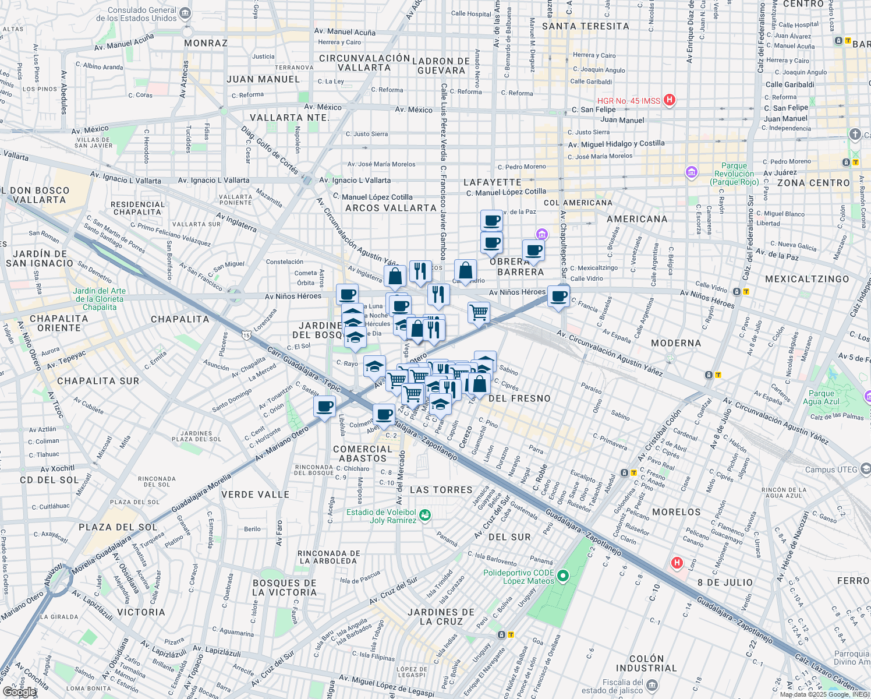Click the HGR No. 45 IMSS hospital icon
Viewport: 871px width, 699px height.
pos(670,100)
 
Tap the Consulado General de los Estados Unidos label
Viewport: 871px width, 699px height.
pos(137,14)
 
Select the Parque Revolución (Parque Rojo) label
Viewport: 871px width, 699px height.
pos(734,174)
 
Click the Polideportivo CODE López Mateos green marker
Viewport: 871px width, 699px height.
pos(562,576)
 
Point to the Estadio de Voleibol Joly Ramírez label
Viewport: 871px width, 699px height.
pos(381,516)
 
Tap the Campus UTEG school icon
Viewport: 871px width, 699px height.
pos(865,469)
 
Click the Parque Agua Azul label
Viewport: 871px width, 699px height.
pos(821,397)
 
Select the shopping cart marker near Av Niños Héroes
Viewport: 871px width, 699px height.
pos(479,313)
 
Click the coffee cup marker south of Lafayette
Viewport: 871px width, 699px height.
pos(491,221)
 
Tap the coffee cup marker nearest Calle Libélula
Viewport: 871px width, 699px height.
pos(324,406)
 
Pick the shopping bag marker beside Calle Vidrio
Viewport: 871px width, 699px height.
pos(465,271)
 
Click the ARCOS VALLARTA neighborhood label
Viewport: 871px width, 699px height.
pos(391,208)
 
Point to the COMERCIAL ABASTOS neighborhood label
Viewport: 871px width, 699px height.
pos(363,454)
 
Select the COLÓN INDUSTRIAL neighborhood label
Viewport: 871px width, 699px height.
pos(646,663)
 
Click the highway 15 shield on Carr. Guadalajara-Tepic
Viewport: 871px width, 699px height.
pos(247,335)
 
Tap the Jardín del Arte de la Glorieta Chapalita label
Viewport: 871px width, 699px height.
pos(99,299)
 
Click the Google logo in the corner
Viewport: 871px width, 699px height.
pos(19,692)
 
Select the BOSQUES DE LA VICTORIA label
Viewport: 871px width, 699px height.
pos(285,588)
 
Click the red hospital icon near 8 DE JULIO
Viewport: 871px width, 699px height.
pos(677,563)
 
